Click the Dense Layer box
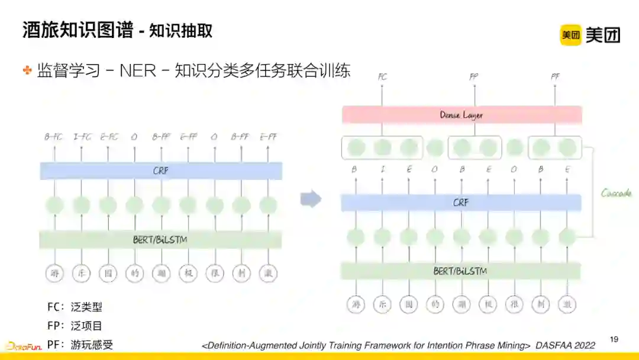(461, 115)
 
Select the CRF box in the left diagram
(161, 171)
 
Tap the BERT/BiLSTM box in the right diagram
(460, 271)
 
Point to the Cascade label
(616, 193)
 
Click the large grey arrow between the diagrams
(311, 200)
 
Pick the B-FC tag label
(54, 137)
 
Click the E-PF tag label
(268, 137)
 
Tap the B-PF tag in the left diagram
(241, 137)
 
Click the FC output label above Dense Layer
(382, 77)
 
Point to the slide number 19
(614, 339)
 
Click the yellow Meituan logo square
(571, 35)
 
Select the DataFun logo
(24, 346)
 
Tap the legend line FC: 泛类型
(75, 307)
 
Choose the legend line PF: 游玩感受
(80, 345)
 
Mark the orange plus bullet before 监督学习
(27, 70)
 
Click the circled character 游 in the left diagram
(54, 273)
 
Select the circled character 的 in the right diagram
(435, 304)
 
